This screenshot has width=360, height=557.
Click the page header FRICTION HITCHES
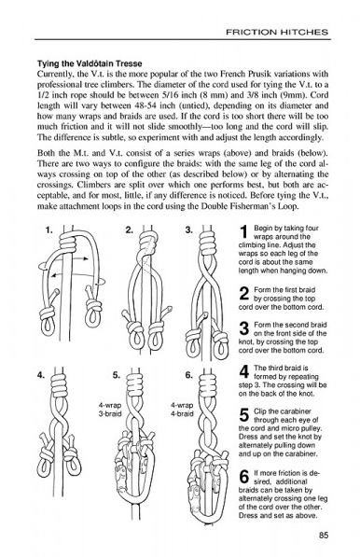click(277, 32)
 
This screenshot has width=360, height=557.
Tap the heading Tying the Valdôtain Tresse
click(90, 63)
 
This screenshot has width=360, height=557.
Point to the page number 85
click(324, 535)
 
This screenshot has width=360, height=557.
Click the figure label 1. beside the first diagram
click(49, 230)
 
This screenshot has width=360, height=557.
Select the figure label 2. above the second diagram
click(130, 230)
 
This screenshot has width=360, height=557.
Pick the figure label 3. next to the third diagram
click(189, 230)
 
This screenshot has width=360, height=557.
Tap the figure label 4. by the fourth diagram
click(41, 375)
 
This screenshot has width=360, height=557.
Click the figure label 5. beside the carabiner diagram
click(117, 375)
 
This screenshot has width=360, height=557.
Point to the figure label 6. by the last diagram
click(189, 375)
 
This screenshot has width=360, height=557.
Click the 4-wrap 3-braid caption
click(110, 410)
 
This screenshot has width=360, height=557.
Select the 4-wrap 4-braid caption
click(182, 410)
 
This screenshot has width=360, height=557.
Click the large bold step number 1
click(244, 232)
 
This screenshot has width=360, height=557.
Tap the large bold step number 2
click(244, 294)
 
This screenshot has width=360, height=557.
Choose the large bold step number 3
click(244, 328)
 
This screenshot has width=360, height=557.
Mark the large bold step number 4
click(244, 372)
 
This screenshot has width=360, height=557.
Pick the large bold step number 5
click(244, 415)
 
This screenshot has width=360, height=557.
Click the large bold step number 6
click(244, 477)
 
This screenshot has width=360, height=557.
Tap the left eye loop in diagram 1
click(48, 326)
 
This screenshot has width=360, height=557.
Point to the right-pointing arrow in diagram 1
click(79, 258)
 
